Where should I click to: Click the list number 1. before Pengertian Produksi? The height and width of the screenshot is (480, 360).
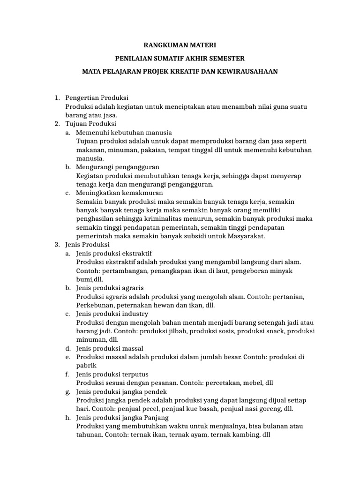coord(57,97)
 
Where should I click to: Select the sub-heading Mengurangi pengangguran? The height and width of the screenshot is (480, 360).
coord(118,167)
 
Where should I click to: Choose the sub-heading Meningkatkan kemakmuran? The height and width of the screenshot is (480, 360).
coord(120,193)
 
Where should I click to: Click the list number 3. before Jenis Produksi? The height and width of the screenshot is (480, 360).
coord(57,245)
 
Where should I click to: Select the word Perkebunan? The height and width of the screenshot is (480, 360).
coord(94,305)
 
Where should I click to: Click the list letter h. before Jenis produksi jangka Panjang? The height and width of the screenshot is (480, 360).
coord(67,417)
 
